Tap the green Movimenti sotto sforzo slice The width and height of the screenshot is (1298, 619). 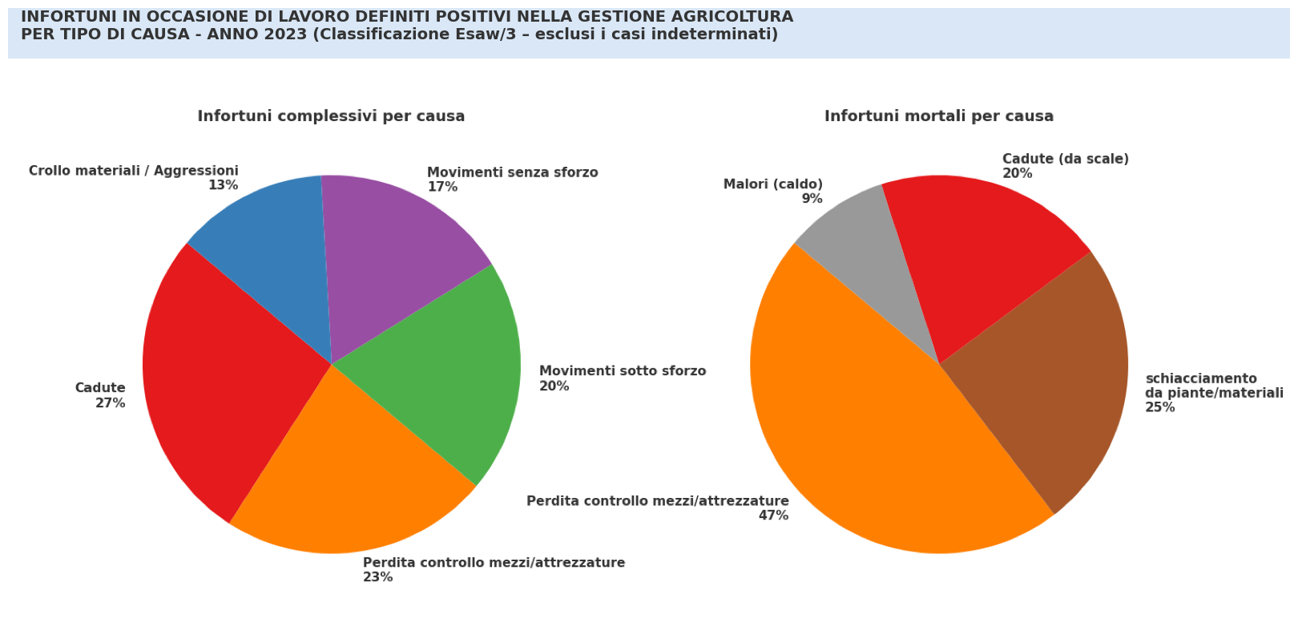(449, 369)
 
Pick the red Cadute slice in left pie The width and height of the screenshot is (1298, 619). (216, 377)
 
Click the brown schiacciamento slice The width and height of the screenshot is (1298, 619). (1058, 377)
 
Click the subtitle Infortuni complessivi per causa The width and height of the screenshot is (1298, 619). (331, 116)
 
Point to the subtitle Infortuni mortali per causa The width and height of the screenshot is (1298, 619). (939, 116)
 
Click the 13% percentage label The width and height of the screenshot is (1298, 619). (223, 185)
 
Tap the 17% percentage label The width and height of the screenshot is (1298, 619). (442, 187)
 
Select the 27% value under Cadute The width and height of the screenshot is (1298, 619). (111, 403)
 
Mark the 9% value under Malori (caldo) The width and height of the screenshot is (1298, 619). (812, 199)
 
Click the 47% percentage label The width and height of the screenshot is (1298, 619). (773, 516)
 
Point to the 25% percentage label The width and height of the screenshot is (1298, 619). (1160, 407)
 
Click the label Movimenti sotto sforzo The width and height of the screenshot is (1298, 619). (623, 371)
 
